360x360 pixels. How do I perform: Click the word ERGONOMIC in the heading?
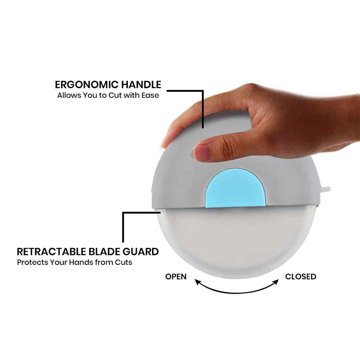coord(87,85)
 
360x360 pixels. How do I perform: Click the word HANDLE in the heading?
coord(141,85)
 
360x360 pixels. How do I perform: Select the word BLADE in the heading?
coord(104,252)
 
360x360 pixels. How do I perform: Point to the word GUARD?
coord(140,252)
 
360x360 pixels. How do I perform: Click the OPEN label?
coord(176,276)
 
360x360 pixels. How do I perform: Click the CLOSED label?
coord(301,276)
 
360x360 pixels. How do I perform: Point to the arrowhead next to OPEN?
coord(197,282)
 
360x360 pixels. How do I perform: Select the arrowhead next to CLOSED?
coord(276,282)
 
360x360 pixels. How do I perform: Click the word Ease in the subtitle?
coord(150,95)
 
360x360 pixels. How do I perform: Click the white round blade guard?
coord(237,241)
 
